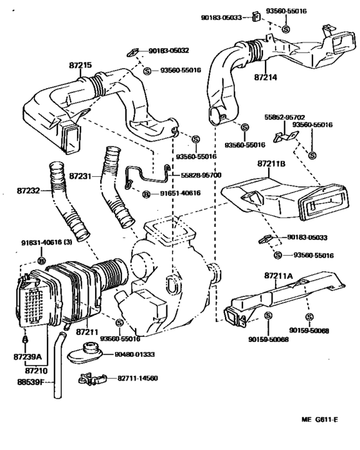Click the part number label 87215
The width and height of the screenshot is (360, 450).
(x=80, y=65)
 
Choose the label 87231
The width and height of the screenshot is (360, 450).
(x=82, y=175)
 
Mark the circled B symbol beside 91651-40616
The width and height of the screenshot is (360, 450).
(x=145, y=194)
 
